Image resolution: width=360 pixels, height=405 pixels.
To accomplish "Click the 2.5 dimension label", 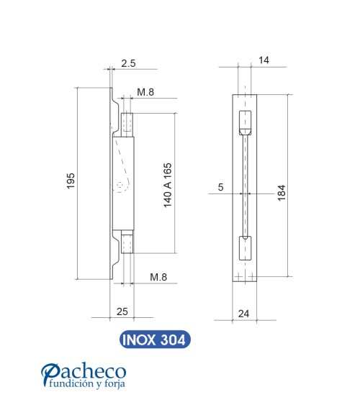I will (128, 64).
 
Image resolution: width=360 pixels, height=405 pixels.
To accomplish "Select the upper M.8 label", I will (146, 92).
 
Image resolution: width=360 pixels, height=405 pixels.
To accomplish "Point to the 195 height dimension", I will (71, 183).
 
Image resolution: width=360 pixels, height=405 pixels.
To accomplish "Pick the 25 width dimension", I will (122, 311).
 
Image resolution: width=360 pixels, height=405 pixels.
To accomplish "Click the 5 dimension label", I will (220, 188).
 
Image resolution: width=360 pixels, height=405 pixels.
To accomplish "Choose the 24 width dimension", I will (244, 313).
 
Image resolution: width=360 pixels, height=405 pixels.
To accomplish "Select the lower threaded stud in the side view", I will (127, 243).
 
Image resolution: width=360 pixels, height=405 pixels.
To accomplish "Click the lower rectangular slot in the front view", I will (246, 248).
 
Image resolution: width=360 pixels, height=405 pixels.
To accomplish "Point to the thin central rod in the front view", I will (246, 187).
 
